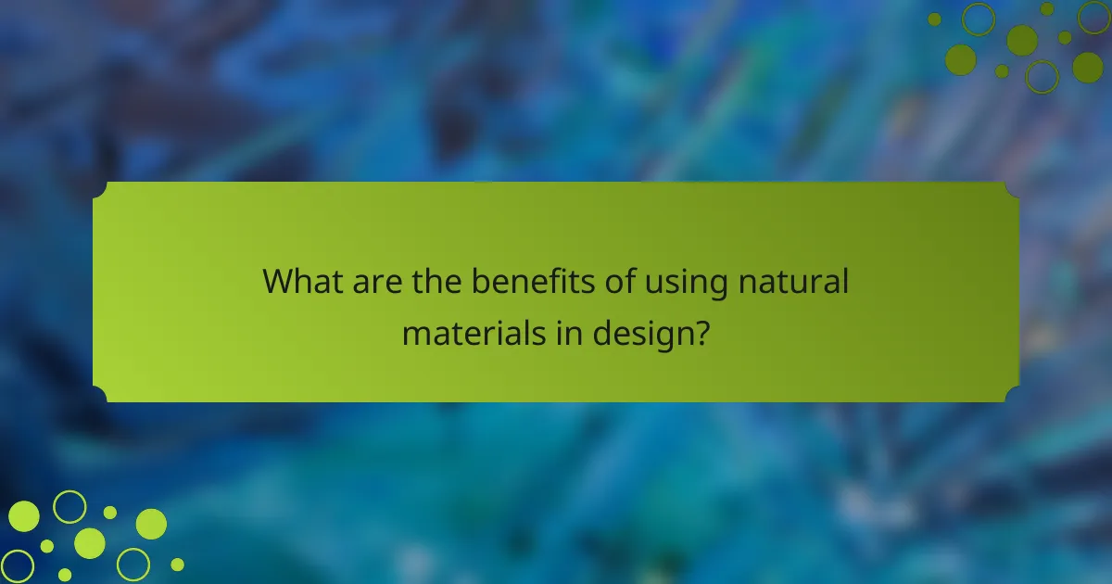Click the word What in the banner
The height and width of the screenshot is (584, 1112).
click(x=302, y=280)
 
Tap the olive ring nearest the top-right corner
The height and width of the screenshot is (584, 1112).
click(x=1094, y=17)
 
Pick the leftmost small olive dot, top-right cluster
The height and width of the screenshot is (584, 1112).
click(x=934, y=19)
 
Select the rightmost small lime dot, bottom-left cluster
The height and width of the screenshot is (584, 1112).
click(x=177, y=564)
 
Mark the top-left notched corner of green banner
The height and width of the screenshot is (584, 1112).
click(x=100, y=189)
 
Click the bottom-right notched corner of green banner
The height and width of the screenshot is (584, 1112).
click(x=1012, y=395)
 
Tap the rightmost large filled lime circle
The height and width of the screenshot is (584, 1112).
click(x=151, y=524)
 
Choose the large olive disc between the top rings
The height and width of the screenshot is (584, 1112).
click(x=1022, y=40)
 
